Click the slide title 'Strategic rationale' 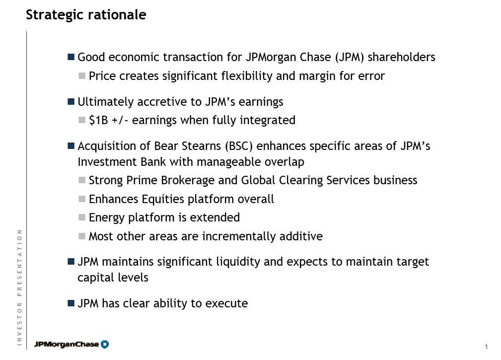86,15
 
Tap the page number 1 486,347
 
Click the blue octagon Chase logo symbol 105,344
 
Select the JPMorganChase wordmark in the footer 67,344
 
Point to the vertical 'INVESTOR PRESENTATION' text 20,288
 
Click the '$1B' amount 98,120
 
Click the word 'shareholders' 402,57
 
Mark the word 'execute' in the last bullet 226,303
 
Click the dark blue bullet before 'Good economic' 71,57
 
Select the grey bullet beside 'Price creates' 82,75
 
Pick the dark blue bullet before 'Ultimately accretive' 71,102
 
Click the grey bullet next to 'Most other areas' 82,236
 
